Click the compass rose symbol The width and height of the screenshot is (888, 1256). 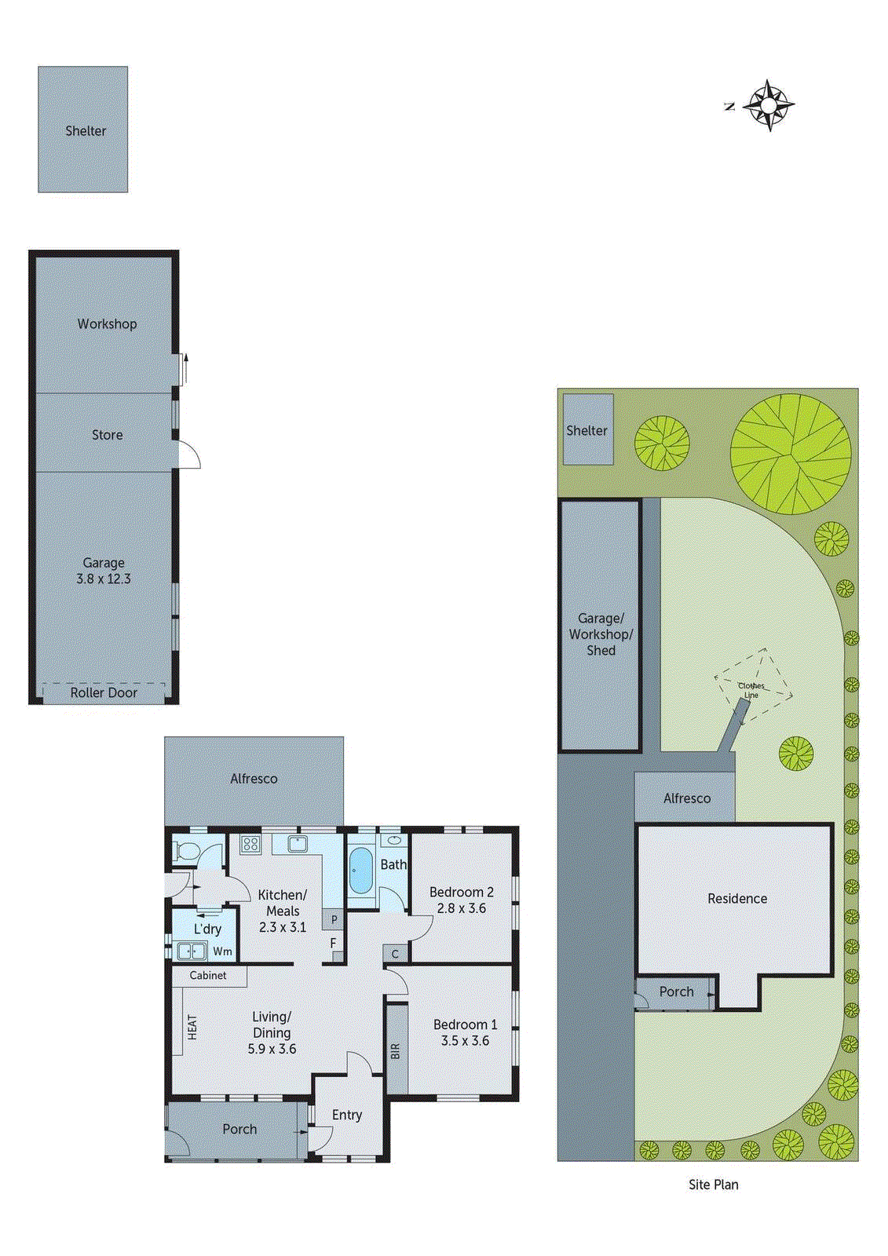click(769, 105)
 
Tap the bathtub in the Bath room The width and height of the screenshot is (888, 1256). click(360, 870)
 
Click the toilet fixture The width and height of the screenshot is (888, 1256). click(187, 850)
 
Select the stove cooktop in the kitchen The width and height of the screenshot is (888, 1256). click(250, 845)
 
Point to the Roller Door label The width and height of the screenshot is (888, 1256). click(104, 692)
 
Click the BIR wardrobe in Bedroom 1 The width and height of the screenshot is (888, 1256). click(396, 1050)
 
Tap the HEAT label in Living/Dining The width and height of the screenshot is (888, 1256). click(192, 1028)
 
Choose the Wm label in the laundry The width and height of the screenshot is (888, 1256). click(222, 951)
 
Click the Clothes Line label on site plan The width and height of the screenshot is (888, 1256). click(751, 690)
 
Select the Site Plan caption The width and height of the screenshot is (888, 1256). click(713, 1185)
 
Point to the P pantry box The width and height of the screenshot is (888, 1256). click(334, 919)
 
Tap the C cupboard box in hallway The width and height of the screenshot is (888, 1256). click(395, 954)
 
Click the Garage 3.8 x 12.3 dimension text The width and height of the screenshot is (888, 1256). click(104, 579)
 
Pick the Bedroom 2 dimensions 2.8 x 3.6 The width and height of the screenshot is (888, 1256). click(461, 908)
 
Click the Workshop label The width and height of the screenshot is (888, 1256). click(107, 323)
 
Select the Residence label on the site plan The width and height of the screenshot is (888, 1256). click(736, 898)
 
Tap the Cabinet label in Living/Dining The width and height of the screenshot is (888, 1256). click(208, 975)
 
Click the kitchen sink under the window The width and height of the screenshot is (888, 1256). click(297, 844)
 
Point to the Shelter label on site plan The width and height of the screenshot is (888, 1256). click(587, 430)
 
